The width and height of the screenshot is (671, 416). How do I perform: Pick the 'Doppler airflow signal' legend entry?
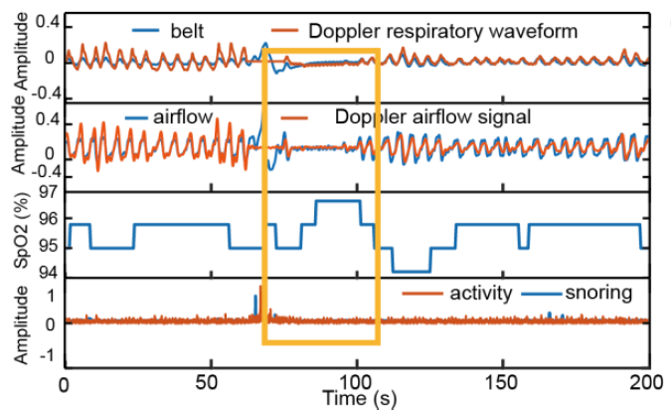point(432,117)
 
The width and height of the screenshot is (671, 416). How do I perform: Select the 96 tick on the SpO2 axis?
point(46,219)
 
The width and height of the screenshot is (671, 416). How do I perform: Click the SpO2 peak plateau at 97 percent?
point(337,200)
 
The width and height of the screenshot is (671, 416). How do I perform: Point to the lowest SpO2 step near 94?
point(411,271)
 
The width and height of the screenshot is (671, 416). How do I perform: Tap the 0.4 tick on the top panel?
point(43,22)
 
